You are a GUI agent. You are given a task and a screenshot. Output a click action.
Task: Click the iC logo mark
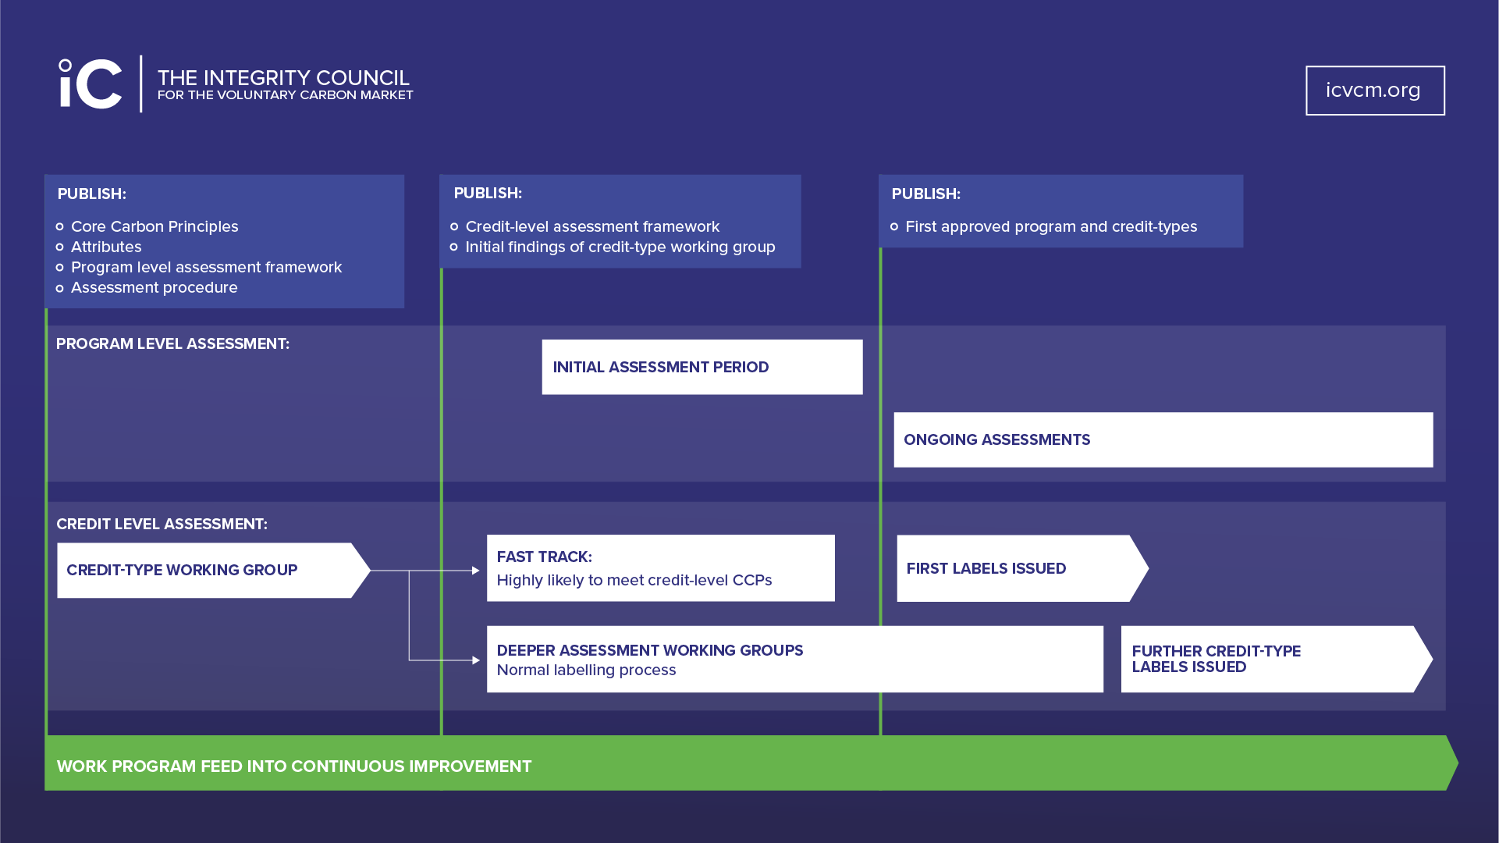tap(91, 84)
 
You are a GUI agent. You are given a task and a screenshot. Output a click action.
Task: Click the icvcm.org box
tap(1374, 91)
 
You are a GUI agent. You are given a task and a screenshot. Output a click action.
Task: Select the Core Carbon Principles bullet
tap(155, 226)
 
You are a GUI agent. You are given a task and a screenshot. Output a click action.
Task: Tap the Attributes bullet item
tap(106, 247)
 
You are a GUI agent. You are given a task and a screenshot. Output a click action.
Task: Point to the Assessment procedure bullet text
tap(155, 287)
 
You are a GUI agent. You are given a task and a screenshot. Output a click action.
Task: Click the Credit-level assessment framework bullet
tap(592, 226)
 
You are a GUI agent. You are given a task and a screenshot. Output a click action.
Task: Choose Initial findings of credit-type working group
tap(620, 247)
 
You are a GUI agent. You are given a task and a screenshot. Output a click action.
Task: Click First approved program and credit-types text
tap(1050, 226)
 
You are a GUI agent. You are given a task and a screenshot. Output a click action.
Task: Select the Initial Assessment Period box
tap(702, 367)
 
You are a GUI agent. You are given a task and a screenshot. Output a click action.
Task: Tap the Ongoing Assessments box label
tap(996, 439)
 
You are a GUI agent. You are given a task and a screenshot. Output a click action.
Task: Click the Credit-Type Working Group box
tap(205, 570)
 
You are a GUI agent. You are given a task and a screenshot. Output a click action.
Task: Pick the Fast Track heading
tap(544, 557)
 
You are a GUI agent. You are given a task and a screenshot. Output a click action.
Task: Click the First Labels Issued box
tap(1014, 568)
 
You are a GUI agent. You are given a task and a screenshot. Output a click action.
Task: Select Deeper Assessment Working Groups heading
tap(649, 650)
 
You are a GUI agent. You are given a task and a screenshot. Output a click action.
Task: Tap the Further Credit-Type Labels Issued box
tap(1268, 659)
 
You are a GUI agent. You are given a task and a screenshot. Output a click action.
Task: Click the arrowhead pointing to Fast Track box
tap(476, 571)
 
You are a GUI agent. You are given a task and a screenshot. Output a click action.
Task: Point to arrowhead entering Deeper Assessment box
tap(476, 660)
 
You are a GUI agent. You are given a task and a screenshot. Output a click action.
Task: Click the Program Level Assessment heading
tap(172, 343)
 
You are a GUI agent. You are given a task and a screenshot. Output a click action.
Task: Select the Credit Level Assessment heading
tap(162, 524)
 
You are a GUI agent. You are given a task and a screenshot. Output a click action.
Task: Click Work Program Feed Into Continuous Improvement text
tap(293, 767)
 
